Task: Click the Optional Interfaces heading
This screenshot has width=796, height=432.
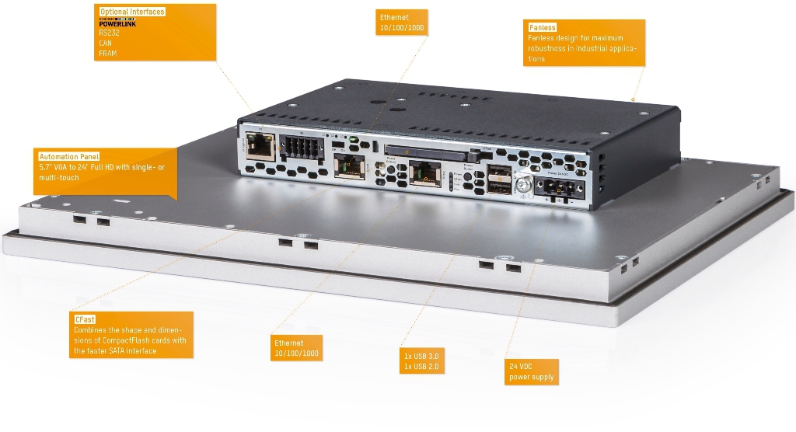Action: click(x=132, y=12)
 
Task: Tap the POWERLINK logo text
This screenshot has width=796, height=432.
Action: click(x=117, y=23)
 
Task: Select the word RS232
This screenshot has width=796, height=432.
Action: click(x=110, y=33)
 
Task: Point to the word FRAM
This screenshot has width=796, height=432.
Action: click(x=107, y=54)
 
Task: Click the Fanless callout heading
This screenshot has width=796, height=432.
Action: click(x=543, y=27)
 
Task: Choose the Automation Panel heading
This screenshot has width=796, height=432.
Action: click(x=69, y=157)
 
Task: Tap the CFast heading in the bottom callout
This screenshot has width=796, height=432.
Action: click(x=84, y=319)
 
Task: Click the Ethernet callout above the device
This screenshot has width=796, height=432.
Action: click(x=401, y=23)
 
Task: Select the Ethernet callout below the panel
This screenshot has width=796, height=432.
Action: click(x=296, y=347)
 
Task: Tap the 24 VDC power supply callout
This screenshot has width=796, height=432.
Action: click(x=532, y=371)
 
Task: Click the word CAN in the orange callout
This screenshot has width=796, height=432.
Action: click(x=106, y=44)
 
